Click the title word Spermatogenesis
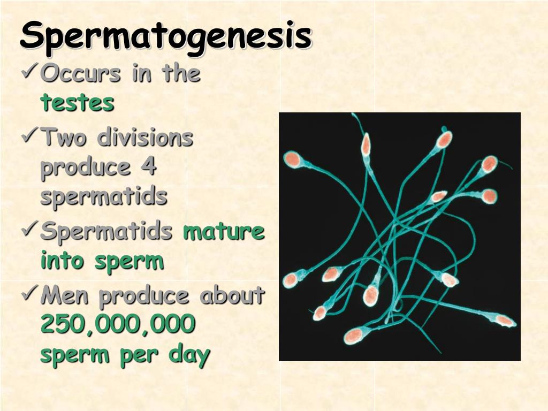coord(166,36)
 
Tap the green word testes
coord(78,102)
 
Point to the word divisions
coord(145,138)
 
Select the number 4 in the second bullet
coord(149,168)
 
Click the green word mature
coord(224,232)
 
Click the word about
coord(232,295)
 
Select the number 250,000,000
coord(118,325)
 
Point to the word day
coord(189,355)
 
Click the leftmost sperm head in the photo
coord(290,279)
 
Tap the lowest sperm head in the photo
coord(353,336)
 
